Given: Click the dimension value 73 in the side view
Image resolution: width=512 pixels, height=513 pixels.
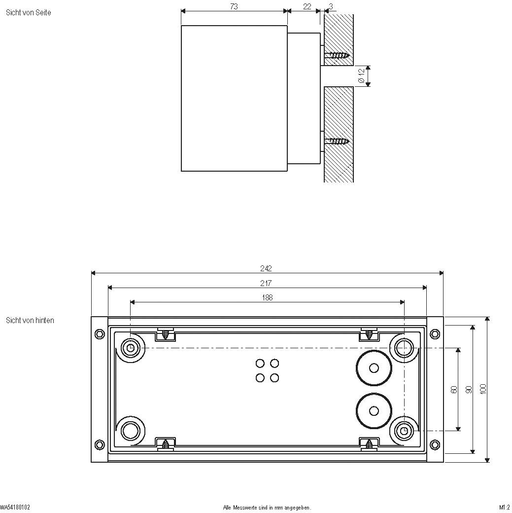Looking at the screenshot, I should [x=234, y=6].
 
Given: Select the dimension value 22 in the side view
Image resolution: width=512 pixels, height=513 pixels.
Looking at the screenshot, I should [x=307, y=6].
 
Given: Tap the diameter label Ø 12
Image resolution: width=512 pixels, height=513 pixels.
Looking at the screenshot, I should [x=361, y=76].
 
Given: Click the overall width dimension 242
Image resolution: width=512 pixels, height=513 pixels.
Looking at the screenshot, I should [x=266, y=268].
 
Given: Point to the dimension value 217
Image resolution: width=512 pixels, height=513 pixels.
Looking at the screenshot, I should [x=266, y=283].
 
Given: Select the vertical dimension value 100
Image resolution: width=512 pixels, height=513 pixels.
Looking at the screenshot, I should [x=483, y=389].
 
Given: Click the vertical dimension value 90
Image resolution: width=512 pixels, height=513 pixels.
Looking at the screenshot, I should [x=469, y=389].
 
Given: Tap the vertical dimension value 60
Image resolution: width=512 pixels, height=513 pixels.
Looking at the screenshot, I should [x=454, y=389].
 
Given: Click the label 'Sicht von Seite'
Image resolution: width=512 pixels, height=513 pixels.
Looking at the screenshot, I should [x=28, y=12].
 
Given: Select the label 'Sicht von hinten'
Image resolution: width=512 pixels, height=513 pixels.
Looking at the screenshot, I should [x=30, y=320].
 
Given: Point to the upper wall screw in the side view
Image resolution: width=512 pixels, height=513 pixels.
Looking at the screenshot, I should [x=339, y=55].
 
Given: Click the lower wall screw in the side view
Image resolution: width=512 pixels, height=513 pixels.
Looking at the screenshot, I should [x=339, y=142].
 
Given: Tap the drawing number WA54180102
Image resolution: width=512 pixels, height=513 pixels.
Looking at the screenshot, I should [x=15, y=507].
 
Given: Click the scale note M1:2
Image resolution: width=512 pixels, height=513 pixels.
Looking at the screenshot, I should [x=504, y=507].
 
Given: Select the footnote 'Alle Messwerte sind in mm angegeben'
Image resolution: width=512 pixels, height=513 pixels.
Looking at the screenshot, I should [x=267, y=507].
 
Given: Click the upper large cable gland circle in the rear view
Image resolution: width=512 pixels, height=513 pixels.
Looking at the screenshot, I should [x=374, y=367].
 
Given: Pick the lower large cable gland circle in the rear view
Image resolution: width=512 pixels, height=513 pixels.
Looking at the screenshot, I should [x=374, y=411].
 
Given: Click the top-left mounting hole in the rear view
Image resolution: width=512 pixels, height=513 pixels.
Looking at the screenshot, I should [x=131, y=348].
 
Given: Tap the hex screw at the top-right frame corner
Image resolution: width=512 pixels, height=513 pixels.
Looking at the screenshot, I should [x=435, y=334].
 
